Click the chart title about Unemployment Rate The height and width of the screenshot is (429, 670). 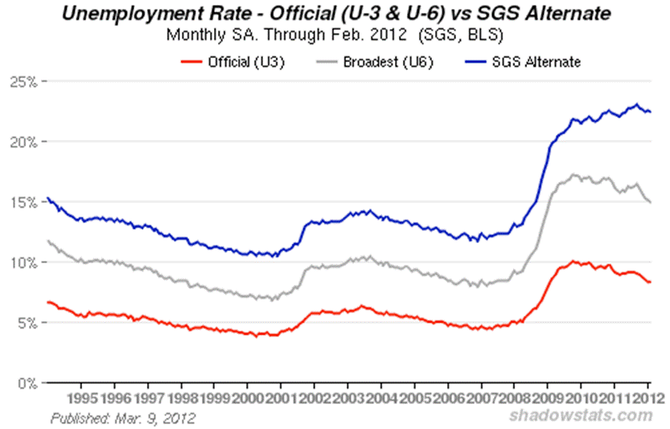(334, 14)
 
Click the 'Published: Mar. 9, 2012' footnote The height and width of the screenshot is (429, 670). (123, 418)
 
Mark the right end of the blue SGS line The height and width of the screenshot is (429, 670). (650, 112)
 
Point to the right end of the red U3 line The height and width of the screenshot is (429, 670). (650, 282)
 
